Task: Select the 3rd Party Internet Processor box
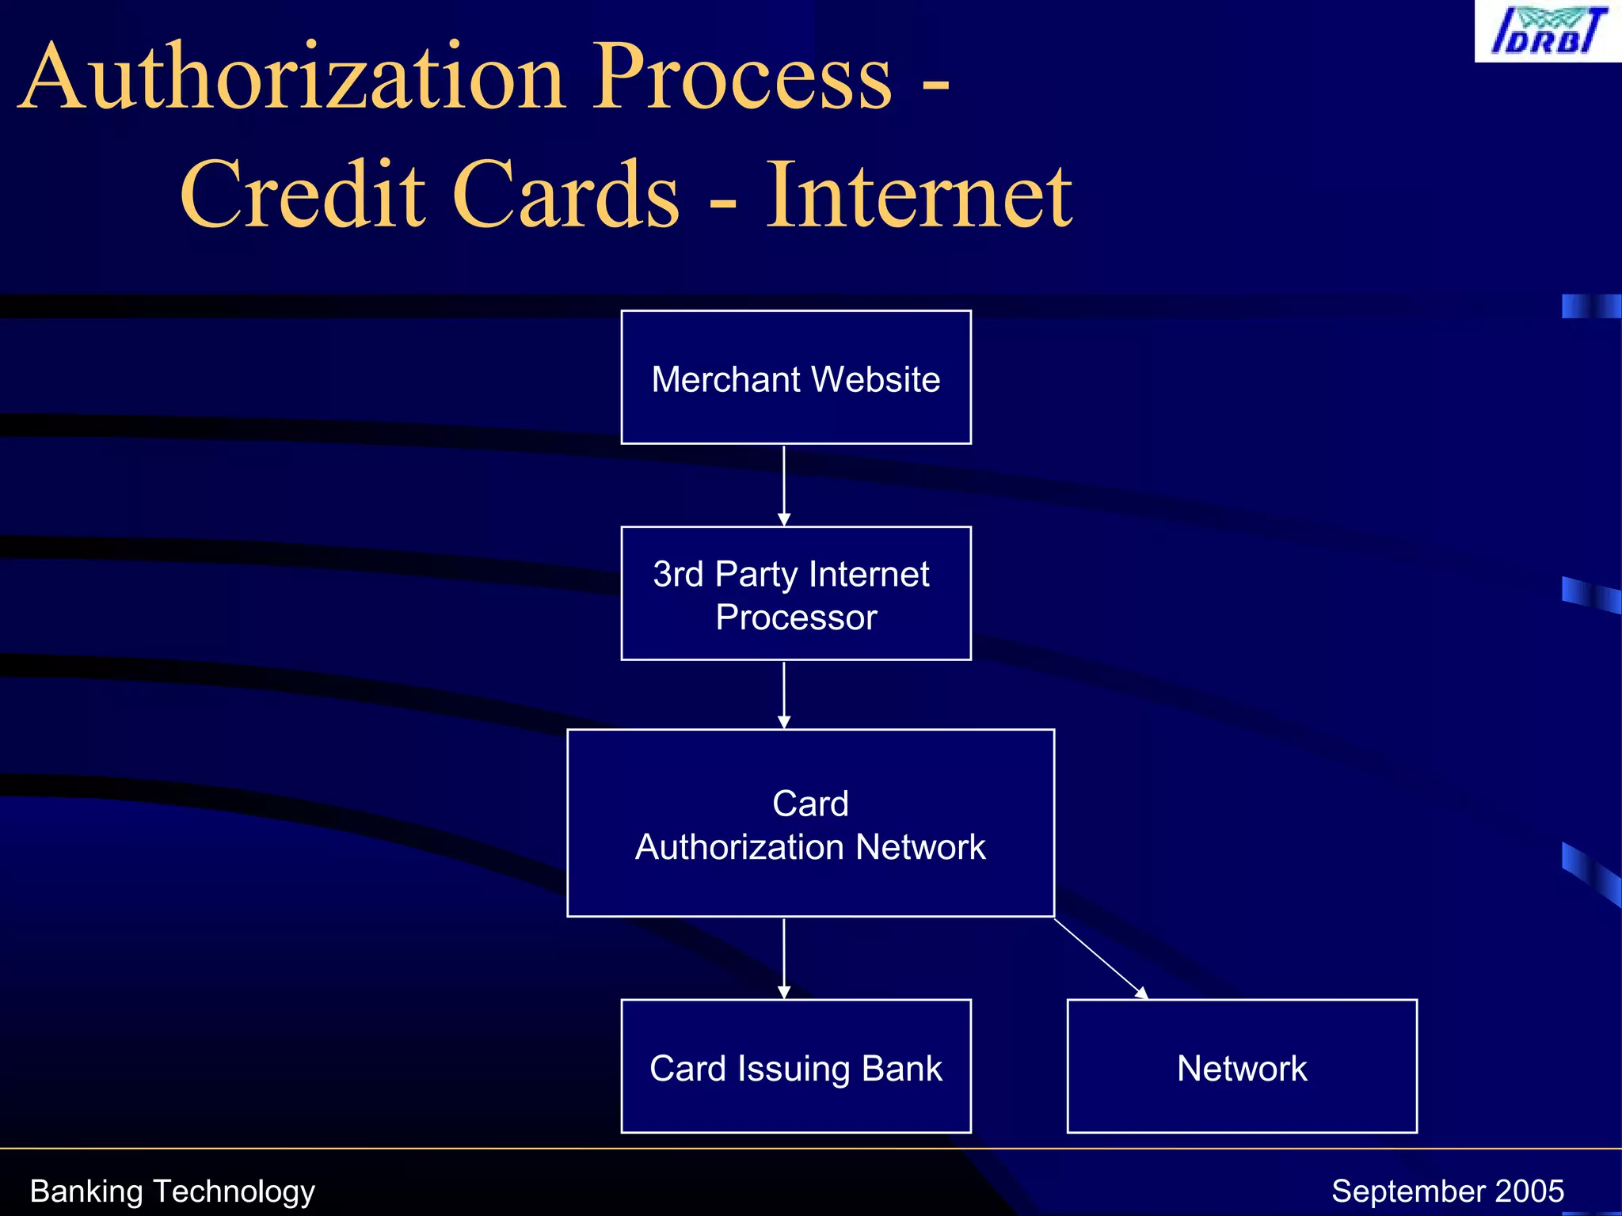(795, 594)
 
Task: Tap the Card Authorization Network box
(810, 823)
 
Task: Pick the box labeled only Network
(1241, 1066)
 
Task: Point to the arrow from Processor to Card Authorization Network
(784, 693)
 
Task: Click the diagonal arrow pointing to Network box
(1101, 958)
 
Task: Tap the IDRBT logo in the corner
(1547, 31)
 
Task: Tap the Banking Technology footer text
(172, 1191)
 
